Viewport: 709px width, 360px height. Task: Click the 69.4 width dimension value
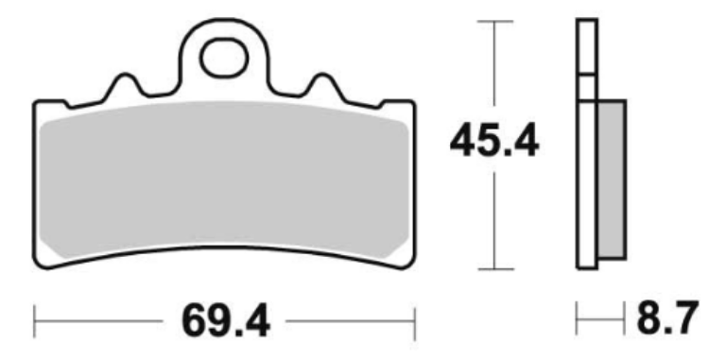[x=226, y=321]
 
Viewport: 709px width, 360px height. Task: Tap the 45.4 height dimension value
[x=494, y=141]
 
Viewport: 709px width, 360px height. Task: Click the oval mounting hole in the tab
[x=224, y=59]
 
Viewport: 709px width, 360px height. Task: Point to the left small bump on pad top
[x=125, y=84]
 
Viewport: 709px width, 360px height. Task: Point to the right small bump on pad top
[x=322, y=84]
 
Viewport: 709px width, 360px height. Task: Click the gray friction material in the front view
[x=224, y=180]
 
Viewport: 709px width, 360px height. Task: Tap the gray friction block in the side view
[x=613, y=180]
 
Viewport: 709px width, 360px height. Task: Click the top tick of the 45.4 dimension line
[x=494, y=21]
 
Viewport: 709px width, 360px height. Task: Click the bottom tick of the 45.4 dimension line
[x=495, y=269]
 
